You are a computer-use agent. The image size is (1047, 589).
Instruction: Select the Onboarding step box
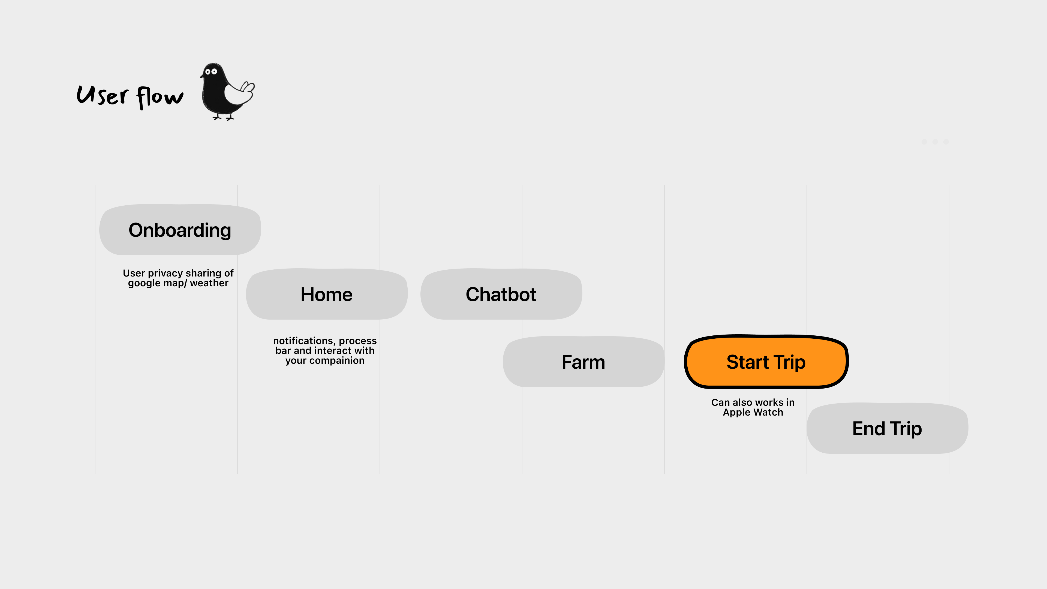(180, 230)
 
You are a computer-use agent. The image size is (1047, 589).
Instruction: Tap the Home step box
(326, 294)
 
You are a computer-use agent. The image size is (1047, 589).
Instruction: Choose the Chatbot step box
(501, 294)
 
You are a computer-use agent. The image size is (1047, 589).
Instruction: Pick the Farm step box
(583, 362)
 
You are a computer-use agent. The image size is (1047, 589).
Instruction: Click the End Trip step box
(887, 428)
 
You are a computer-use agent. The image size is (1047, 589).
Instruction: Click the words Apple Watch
(753, 412)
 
